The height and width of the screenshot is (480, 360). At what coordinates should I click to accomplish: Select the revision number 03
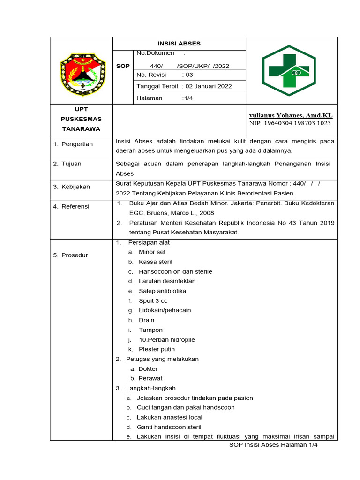pos(187,75)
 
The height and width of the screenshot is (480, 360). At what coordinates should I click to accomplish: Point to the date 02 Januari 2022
pos(209,86)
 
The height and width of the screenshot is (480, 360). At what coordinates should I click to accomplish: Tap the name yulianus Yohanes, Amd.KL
pos(291,115)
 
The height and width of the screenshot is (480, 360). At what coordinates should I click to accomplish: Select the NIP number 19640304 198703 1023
pos(290,123)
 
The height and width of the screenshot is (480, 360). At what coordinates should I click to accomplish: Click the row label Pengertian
pos(76,144)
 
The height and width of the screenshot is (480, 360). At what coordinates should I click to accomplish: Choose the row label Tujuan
pos(70,164)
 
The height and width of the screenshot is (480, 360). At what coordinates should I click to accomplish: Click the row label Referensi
pos(75,206)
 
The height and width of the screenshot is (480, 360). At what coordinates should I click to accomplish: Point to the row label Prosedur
pos(74,255)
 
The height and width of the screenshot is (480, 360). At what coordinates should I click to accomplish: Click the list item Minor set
pos(152,252)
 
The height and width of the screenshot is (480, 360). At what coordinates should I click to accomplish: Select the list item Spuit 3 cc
pos(153,301)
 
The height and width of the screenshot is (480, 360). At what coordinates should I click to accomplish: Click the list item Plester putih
pos(157,349)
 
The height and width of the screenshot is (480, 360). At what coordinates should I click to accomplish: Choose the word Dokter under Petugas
pos(148,369)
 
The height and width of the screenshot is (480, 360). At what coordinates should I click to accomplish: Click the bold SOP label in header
pos(123,66)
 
